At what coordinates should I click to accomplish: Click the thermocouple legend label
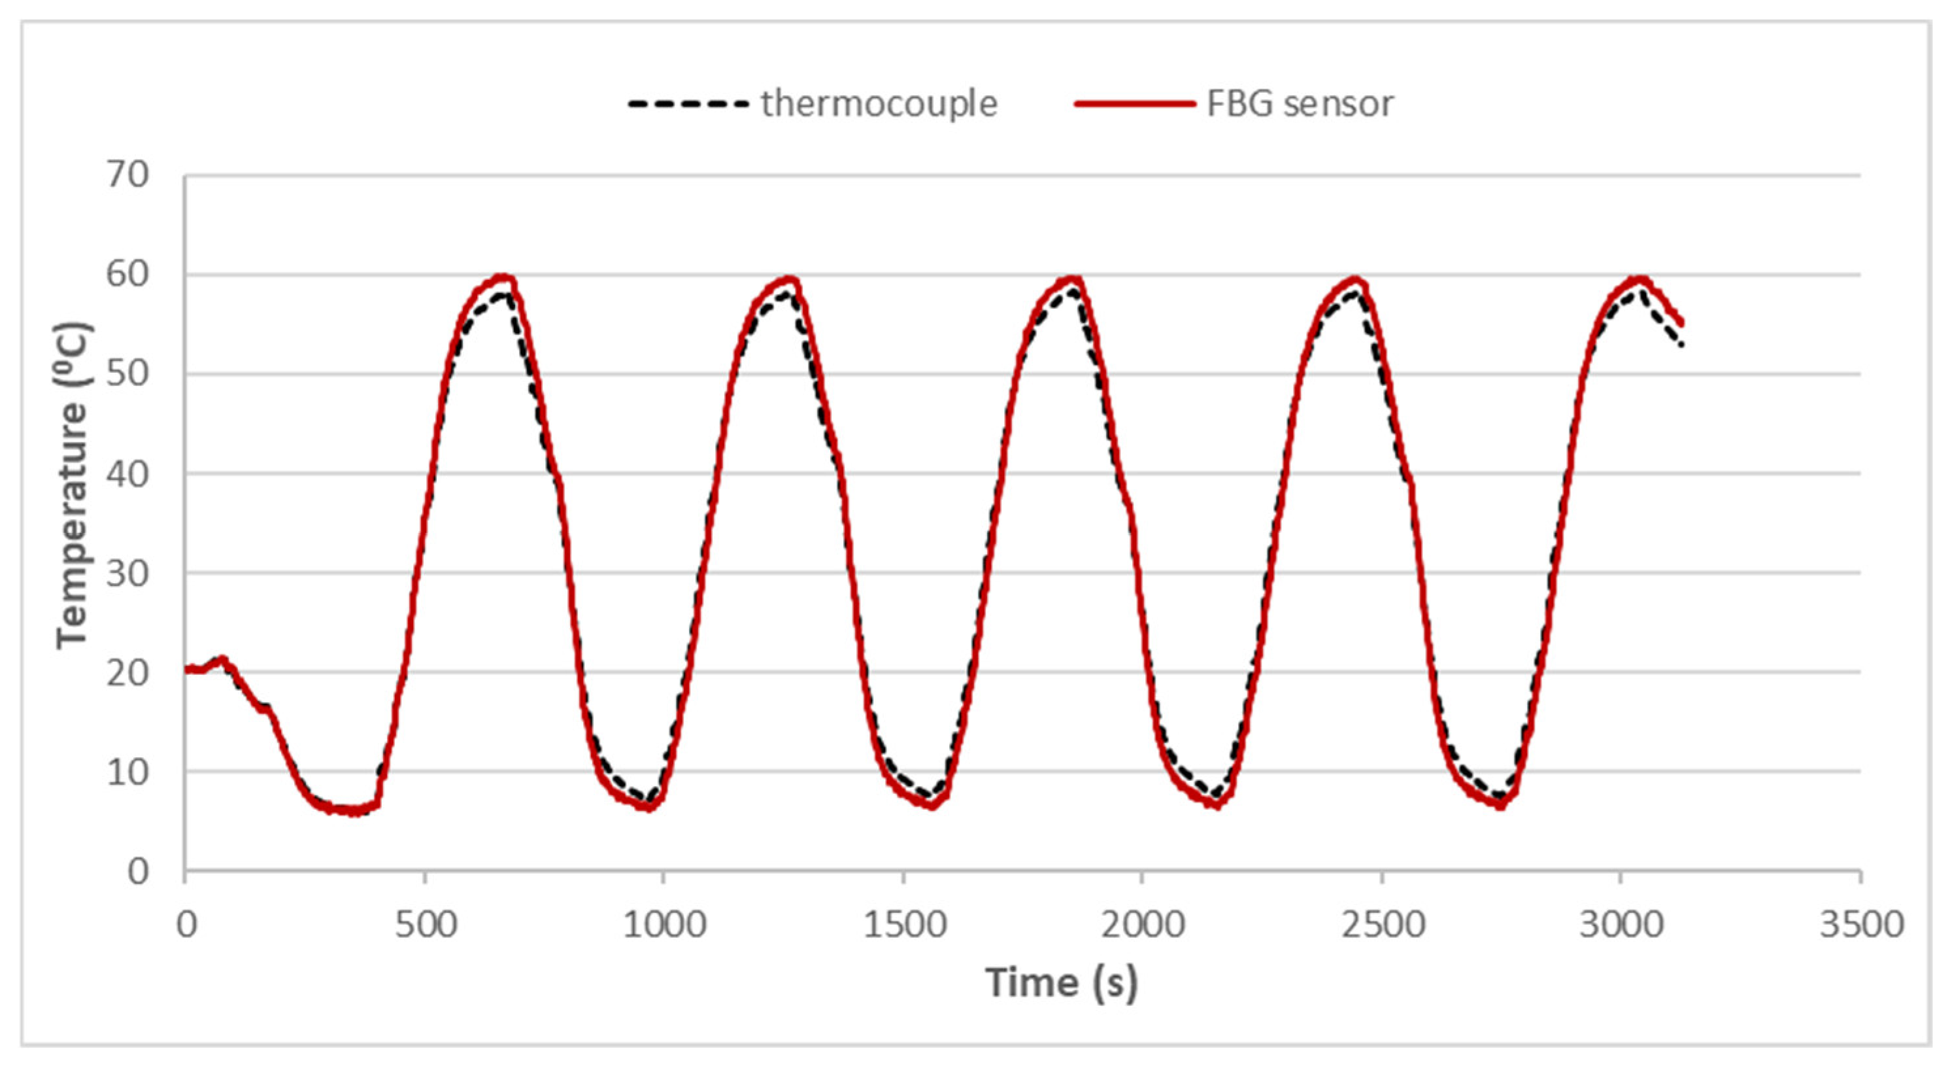point(879,103)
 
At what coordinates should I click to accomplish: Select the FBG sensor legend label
point(1299,103)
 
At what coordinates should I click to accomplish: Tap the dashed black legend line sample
point(688,103)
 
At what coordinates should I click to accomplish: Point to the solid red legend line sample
point(1134,103)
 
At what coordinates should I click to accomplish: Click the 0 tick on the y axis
point(138,872)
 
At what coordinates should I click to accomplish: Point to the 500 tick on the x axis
point(426,924)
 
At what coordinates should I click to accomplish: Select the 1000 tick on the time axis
point(664,924)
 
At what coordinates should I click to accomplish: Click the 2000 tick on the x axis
point(1142,924)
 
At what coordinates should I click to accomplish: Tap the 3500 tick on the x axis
point(1860,924)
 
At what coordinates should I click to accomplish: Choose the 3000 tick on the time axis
point(1621,924)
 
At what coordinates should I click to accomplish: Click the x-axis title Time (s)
point(1061,982)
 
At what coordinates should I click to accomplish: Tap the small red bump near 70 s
point(221,659)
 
